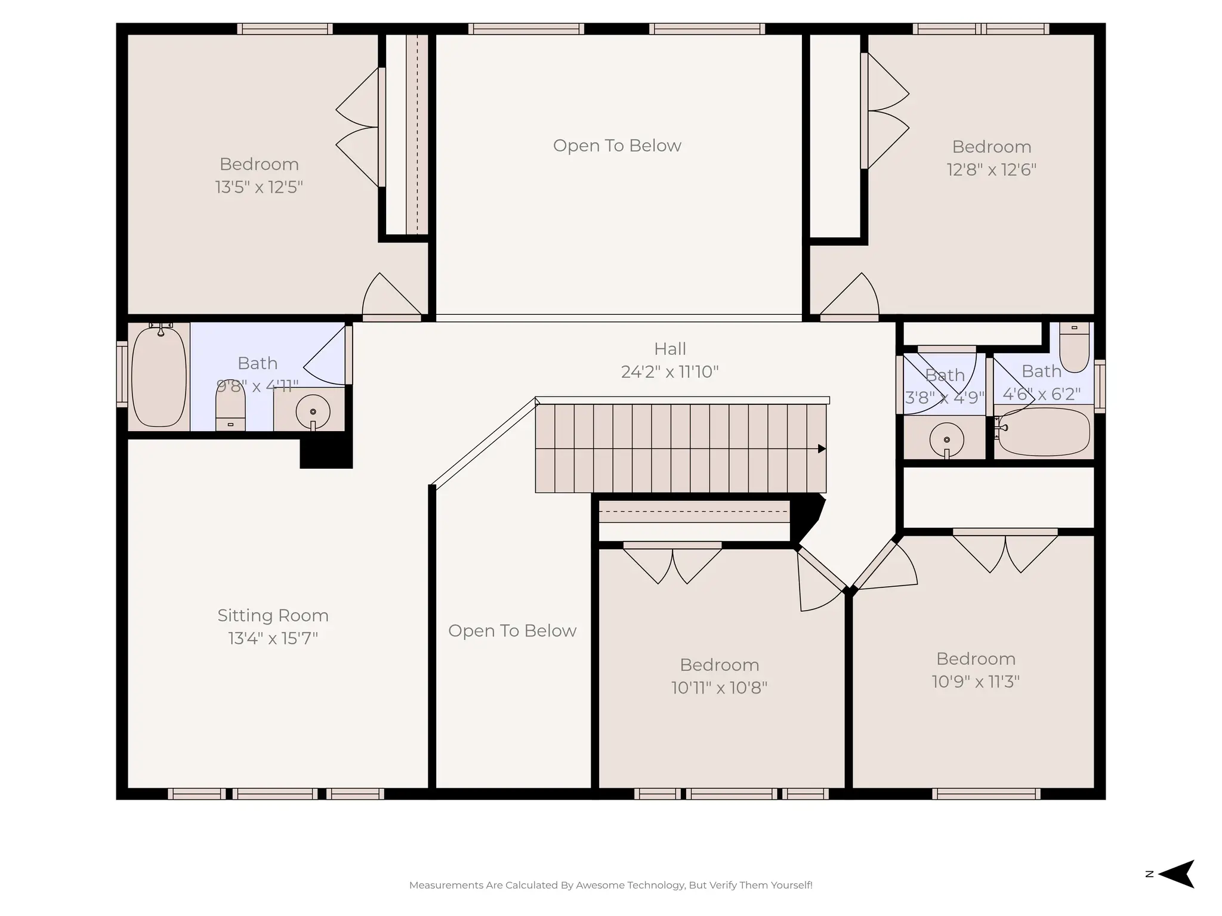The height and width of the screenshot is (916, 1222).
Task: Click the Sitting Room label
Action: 273,615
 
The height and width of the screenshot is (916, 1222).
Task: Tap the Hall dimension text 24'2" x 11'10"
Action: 669,372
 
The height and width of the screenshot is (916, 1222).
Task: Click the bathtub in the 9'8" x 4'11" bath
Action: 159,376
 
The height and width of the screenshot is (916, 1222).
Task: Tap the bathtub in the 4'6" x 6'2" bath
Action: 1044,431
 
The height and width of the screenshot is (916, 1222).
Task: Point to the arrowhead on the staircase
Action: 822,448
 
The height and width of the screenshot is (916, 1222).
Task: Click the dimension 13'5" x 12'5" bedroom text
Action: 259,187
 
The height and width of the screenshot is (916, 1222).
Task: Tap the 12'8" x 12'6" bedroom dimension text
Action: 991,170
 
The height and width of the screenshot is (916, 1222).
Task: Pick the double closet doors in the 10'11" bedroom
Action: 672,564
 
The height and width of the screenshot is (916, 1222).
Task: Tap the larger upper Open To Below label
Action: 617,146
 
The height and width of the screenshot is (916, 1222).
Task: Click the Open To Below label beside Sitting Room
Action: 512,631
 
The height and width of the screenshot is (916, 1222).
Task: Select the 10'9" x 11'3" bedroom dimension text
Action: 976,682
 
